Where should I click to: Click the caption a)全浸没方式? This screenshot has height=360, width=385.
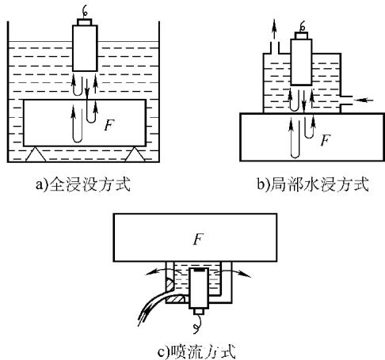[x=83, y=184]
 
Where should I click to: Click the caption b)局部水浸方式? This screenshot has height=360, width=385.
[x=313, y=184]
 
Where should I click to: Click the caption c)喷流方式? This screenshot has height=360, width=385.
[x=196, y=351]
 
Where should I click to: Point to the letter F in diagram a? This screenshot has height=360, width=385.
[x=109, y=125]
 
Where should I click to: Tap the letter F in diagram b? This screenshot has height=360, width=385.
[x=326, y=140]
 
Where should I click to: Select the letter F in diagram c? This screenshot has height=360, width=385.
[x=198, y=240]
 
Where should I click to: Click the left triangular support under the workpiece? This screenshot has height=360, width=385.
[x=36, y=154]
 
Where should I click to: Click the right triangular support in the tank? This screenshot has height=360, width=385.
[x=135, y=154]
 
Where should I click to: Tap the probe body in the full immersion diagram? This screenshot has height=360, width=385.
[x=85, y=48]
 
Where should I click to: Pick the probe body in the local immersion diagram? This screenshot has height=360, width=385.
[x=301, y=62]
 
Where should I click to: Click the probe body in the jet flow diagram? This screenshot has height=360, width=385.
[x=199, y=288]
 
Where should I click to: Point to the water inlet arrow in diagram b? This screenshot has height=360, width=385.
[x=364, y=100]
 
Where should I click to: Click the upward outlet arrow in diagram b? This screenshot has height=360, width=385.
[x=274, y=29]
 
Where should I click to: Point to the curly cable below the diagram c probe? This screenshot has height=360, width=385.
[x=197, y=324]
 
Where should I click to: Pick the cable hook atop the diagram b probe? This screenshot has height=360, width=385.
[x=303, y=26]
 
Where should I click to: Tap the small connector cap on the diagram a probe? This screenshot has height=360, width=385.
[x=85, y=22]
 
